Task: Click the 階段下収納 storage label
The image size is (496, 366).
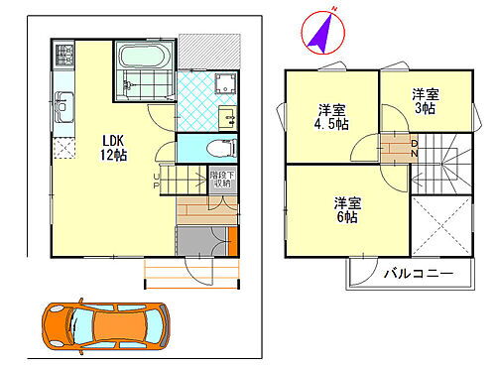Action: tap(221, 180)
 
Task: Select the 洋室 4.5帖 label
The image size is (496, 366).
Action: tap(331, 117)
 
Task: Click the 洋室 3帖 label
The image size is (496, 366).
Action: tap(427, 101)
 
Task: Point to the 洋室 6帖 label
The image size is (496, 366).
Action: tap(346, 209)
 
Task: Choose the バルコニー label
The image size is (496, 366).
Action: tap(418, 274)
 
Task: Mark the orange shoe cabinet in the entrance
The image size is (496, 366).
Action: tap(231, 241)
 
